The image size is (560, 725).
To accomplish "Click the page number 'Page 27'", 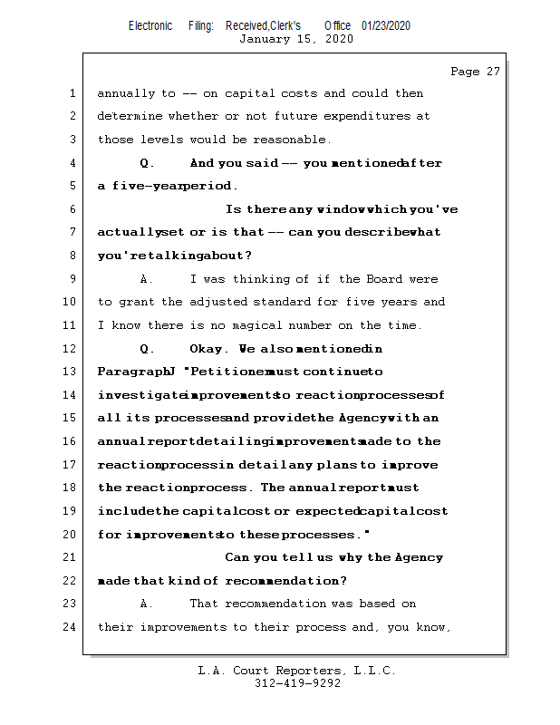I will click(x=475, y=72).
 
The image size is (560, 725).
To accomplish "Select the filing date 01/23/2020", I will click(x=386, y=26).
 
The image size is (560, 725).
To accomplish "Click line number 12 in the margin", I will click(x=72, y=349).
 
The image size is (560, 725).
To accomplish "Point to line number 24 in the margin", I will click(x=72, y=627).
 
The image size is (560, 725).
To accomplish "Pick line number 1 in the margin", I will click(x=72, y=93).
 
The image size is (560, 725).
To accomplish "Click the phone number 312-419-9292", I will click(x=297, y=684).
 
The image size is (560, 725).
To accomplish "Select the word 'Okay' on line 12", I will click(x=208, y=349).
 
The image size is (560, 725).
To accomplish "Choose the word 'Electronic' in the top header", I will click(x=150, y=26).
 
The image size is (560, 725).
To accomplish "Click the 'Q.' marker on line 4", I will click(x=147, y=164).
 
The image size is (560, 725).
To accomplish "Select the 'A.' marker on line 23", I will click(x=147, y=604).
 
